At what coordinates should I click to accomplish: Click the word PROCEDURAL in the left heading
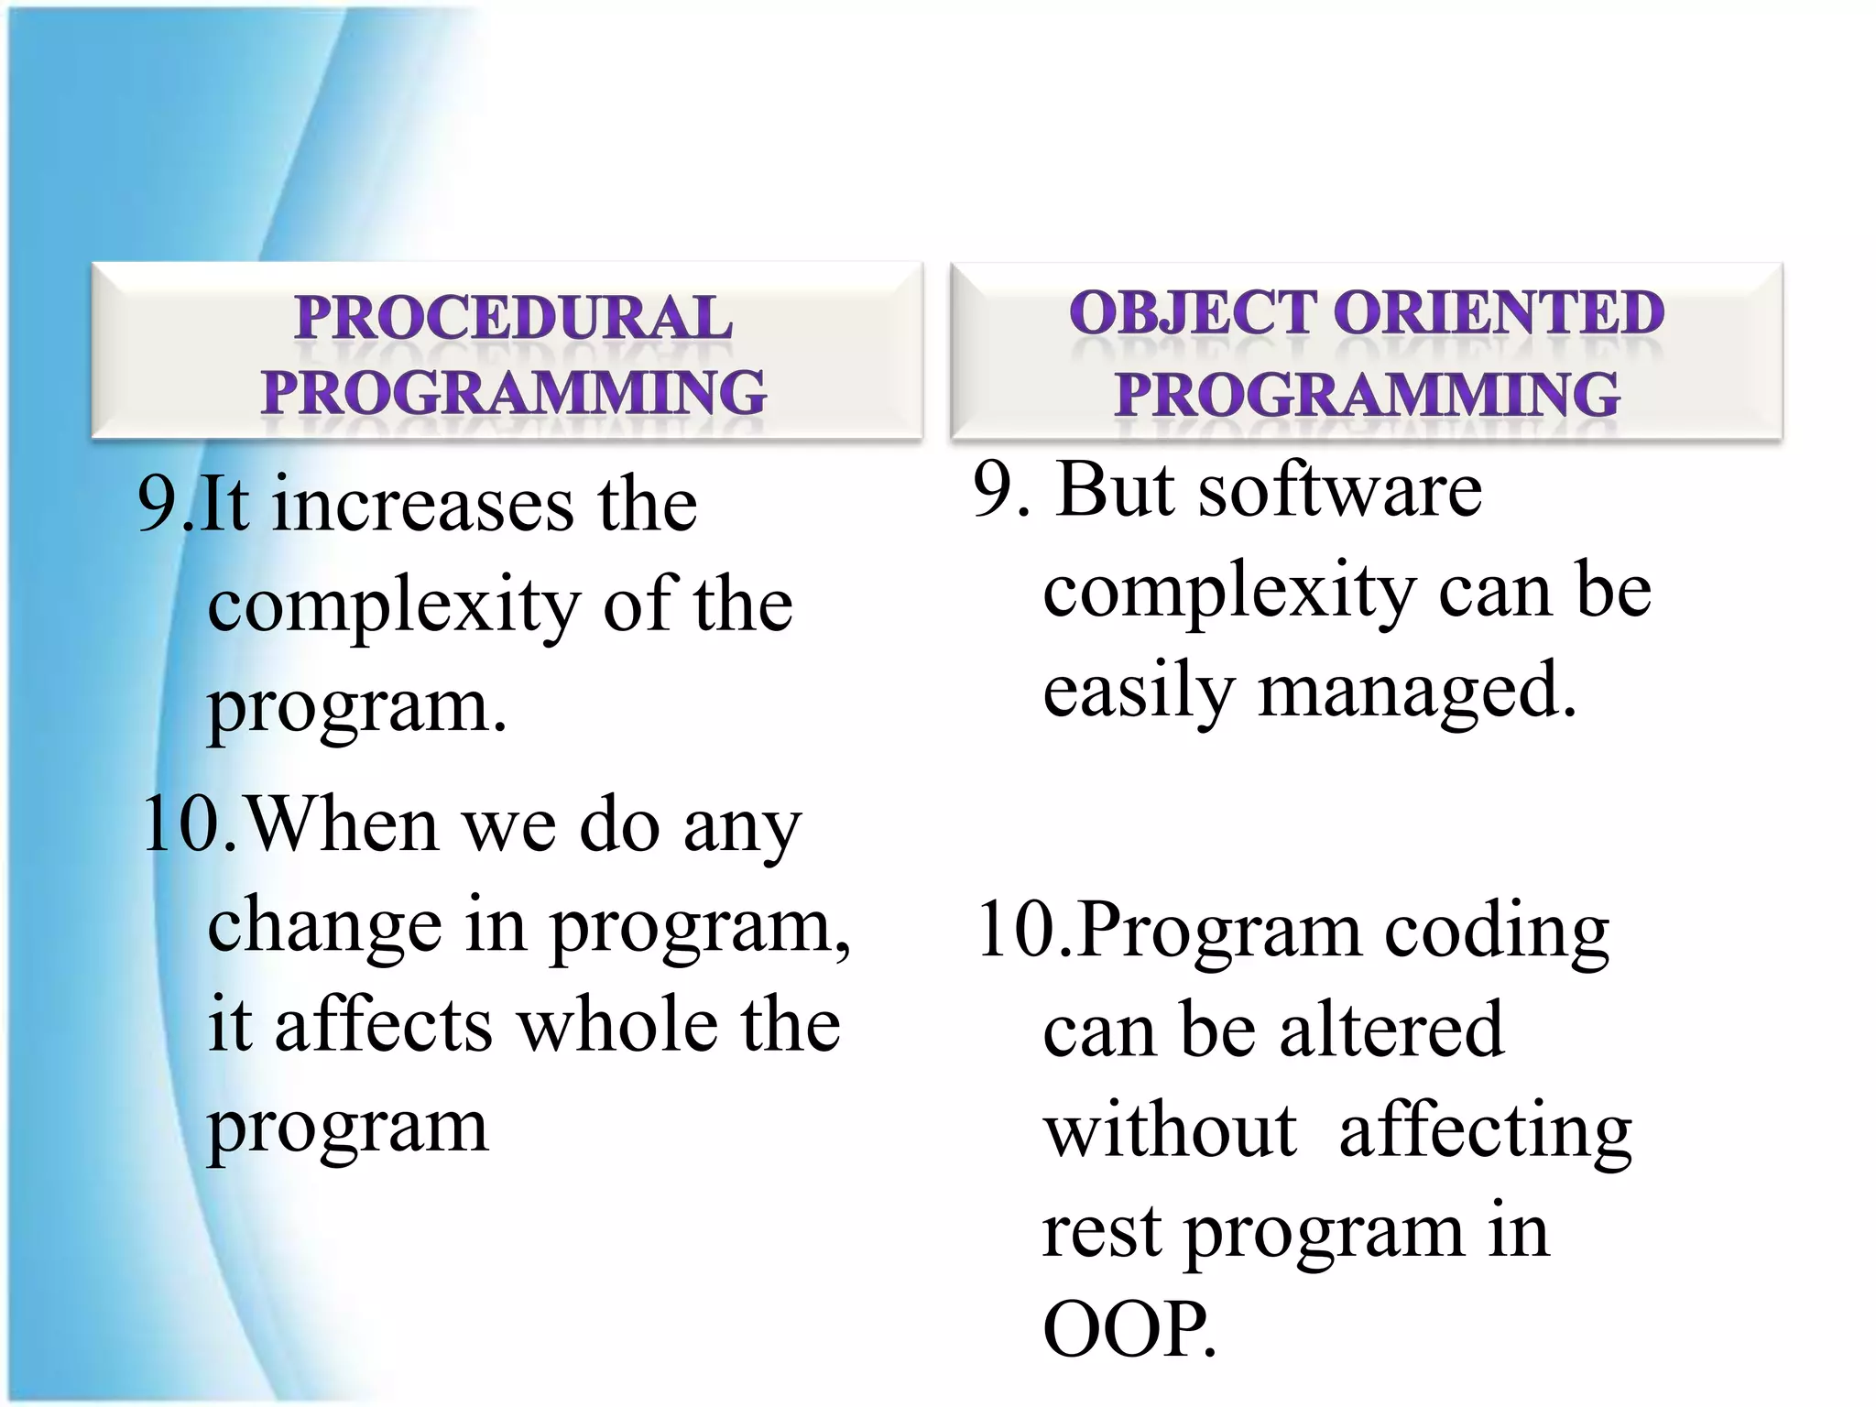coord(513,318)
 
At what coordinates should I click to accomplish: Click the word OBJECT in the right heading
coord(1192,312)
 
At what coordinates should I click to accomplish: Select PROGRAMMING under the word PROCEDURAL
coord(513,392)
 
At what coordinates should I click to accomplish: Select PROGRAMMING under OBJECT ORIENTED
coord(1367,394)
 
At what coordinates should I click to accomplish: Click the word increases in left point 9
coord(422,506)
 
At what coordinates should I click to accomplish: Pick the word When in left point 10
coord(344,824)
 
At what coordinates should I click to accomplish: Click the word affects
coord(384,1025)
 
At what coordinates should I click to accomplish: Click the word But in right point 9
coord(1115,489)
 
